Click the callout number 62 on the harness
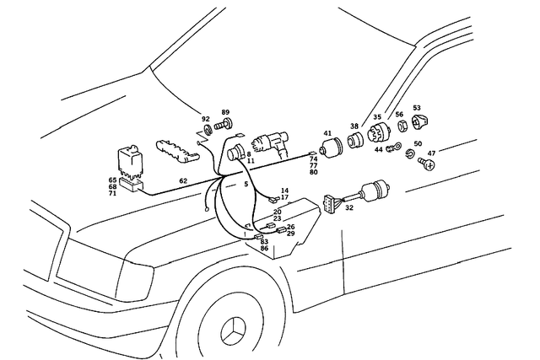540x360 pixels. (x=183, y=181)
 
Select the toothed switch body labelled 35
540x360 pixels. (x=379, y=132)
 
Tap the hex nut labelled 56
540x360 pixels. (x=402, y=126)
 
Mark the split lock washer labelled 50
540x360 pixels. (x=410, y=154)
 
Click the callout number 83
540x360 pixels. (x=264, y=241)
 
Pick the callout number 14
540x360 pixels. (x=284, y=191)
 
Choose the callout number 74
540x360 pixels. (x=313, y=159)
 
